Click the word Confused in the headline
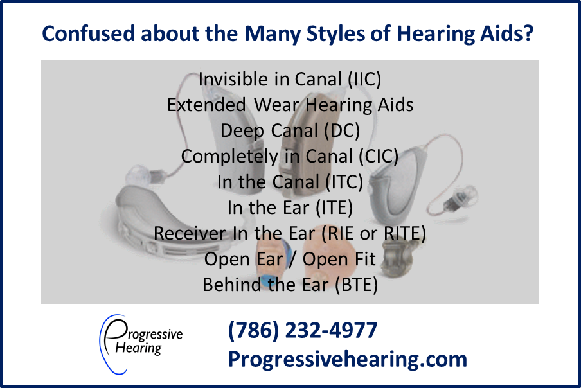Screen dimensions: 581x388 click(x=88, y=33)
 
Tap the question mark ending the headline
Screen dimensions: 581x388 click(x=529, y=33)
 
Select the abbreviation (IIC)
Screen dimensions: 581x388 click(x=364, y=80)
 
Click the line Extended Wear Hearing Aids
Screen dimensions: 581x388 click(x=290, y=105)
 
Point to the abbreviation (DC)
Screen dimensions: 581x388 click(x=342, y=130)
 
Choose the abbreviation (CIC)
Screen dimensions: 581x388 click(x=379, y=156)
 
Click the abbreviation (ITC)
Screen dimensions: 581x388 click(x=344, y=182)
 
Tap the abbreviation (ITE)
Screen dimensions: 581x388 click(x=334, y=207)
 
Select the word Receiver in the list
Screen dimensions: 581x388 click(x=190, y=233)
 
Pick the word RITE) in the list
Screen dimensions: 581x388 click(x=405, y=233)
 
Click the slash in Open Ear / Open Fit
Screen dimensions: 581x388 click(x=292, y=259)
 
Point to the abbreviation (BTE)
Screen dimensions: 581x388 click(x=356, y=285)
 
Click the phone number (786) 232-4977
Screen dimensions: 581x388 click(x=302, y=330)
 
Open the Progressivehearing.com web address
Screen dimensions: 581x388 click(x=347, y=359)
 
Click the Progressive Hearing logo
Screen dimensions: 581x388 click(x=141, y=344)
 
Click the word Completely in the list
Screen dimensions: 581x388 click(x=229, y=157)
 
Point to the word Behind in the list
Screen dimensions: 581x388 click(x=231, y=285)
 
